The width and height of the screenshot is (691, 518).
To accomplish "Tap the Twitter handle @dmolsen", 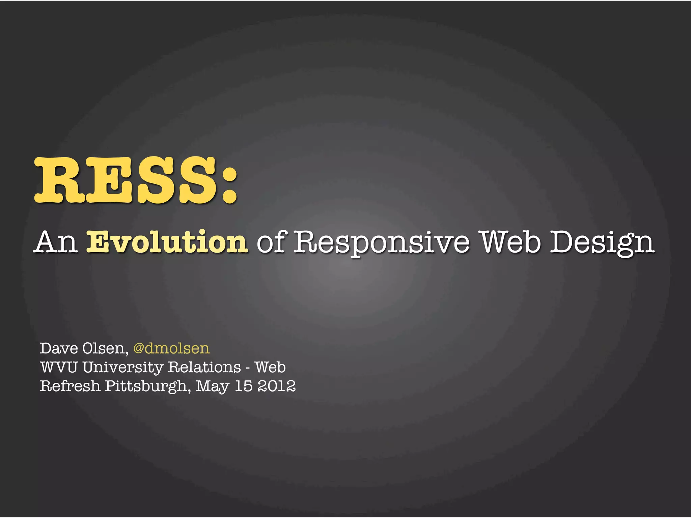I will pos(171,348).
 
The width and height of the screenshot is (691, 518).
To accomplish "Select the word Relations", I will pos(204,367).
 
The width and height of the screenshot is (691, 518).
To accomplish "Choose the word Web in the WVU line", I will pos(270,367).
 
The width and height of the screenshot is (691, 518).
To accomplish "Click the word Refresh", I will pos(70,386).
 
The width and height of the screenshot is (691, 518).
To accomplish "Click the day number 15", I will pos(243,386).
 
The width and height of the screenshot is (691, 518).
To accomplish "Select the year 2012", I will pos(276,386).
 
